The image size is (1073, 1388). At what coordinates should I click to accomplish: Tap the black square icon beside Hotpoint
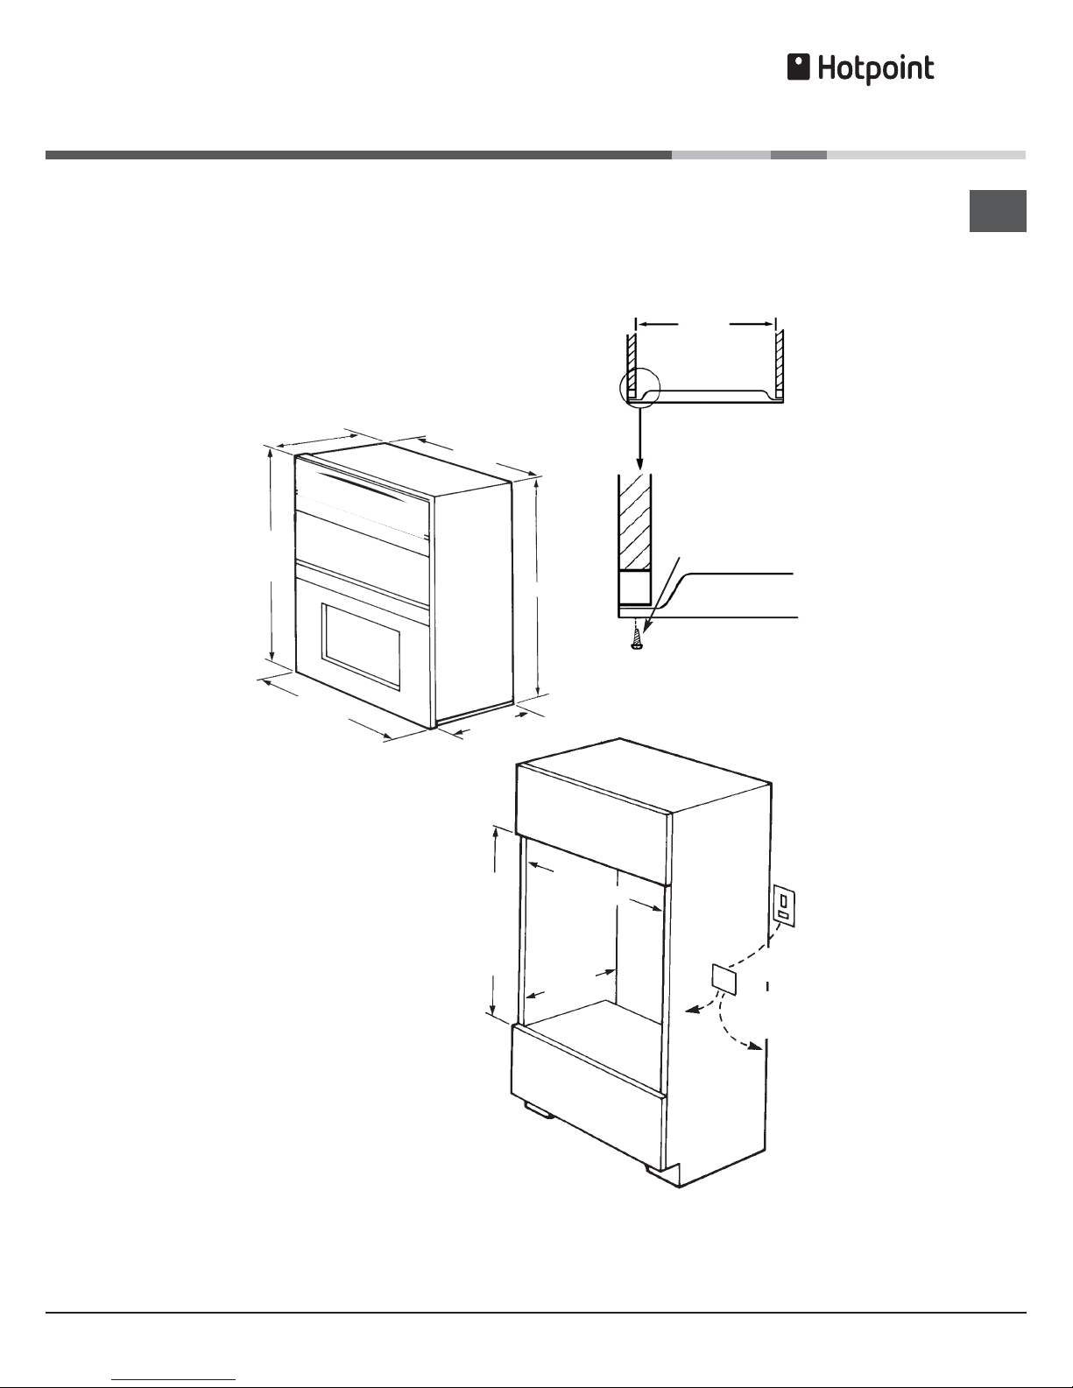(798, 67)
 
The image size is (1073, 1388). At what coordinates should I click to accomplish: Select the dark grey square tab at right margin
(998, 211)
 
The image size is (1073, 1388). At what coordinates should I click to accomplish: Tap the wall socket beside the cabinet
(784, 905)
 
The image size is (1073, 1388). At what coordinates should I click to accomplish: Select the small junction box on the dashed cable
(725, 979)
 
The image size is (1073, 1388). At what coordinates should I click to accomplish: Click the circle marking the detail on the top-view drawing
(640, 389)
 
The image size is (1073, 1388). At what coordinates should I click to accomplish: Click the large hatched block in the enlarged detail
(635, 522)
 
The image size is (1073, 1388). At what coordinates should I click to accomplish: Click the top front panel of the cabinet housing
(592, 824)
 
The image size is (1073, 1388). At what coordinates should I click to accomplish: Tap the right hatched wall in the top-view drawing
(780, 363)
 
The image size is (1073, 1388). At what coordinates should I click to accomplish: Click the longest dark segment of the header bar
(358, 155)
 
